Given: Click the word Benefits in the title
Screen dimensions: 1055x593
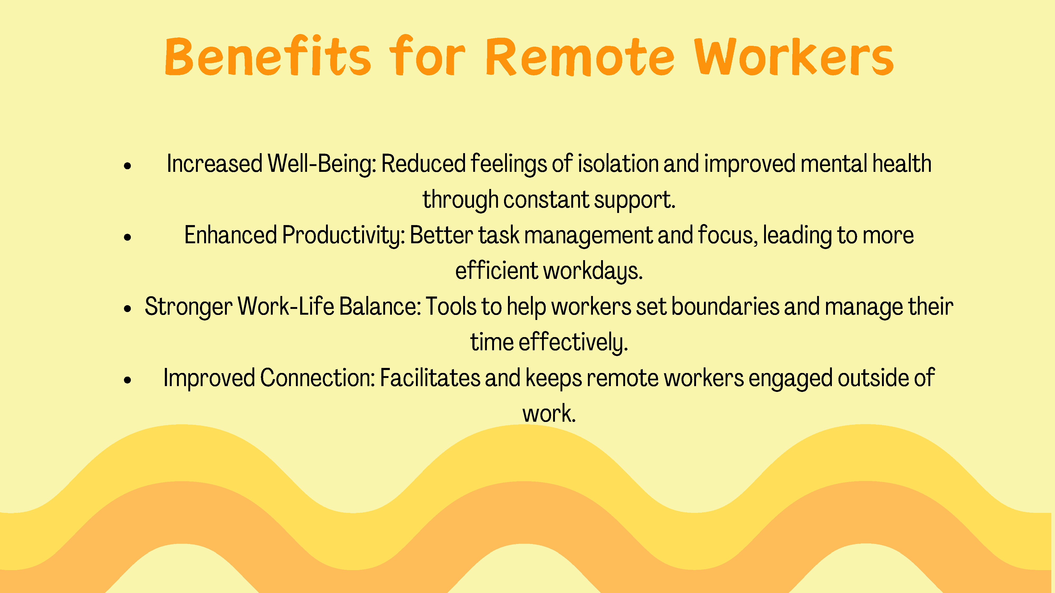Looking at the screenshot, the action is coord(268,56).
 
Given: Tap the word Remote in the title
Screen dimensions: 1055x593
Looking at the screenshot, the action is coord(580,56).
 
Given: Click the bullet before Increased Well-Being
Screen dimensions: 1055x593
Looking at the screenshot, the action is coord(128,166).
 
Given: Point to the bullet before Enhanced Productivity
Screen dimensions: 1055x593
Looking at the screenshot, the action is coord(128,237).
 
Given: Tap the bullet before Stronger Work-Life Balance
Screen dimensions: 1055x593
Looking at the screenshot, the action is coord(128,309).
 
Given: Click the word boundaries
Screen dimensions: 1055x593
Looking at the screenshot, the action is coord(725,307).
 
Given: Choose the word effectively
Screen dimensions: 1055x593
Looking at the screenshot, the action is coord(573,343).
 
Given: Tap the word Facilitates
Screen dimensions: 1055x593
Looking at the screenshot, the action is coord(430,378).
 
